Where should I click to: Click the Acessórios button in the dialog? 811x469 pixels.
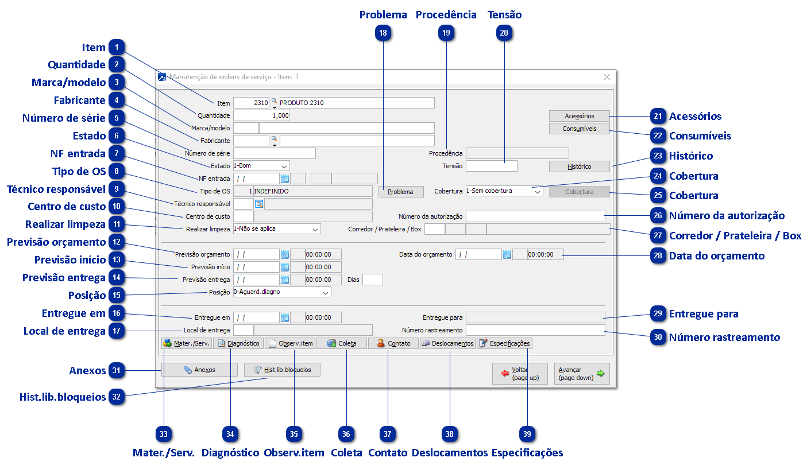[579, 116]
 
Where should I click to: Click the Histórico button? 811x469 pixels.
[579, 166]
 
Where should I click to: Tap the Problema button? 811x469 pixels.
[400, 192]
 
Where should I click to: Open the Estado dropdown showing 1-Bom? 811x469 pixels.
[261, 166]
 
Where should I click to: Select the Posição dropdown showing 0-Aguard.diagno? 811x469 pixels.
[281, 292]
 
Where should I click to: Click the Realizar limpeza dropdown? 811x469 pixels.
[276, 229]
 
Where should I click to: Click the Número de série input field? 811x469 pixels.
[275, 153]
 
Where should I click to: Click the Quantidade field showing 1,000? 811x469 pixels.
[261, 115]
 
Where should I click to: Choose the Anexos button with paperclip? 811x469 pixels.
[199, 370]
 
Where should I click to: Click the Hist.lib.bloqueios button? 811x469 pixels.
[282, 370]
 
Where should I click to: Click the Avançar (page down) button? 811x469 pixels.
[581, 374]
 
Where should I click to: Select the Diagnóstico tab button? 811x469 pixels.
[238, 343]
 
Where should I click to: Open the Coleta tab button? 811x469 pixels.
[341, 343]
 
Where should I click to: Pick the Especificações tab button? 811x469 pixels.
[504, 343]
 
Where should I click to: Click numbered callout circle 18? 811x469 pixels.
[383, 33]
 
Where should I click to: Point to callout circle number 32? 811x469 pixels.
[117, 397]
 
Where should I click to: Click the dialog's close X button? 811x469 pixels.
[607, 77]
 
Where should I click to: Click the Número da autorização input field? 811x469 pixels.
[535, 216]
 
